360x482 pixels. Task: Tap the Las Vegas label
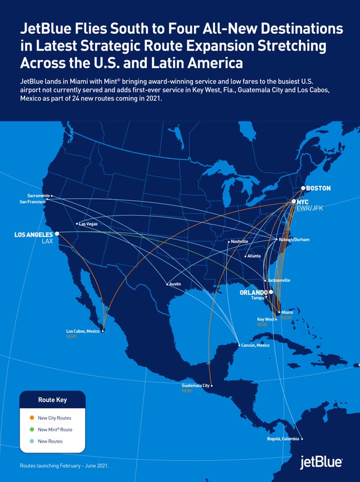[x=88, y=224]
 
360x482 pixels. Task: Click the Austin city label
[x=175, y=284]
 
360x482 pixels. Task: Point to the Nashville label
[x=239, y=242]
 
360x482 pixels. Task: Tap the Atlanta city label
[x=254, y=256]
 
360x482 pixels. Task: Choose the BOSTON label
[x=319, y=188]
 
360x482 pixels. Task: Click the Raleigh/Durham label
[x=294, y=240]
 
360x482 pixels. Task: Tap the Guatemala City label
[x=195, y=385]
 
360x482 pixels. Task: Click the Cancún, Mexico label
[x=256, y=345]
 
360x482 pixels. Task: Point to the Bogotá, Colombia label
[x=283, y=439]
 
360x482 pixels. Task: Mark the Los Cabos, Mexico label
[x=83, y=331]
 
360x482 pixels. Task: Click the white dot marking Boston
[x=303, y=188]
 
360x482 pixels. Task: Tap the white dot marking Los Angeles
[x=57, y=233]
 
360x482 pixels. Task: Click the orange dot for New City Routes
[x=31, y=418]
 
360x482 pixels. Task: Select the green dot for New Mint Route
[x=31, y=430]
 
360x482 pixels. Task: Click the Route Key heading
[x=52, y=400]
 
